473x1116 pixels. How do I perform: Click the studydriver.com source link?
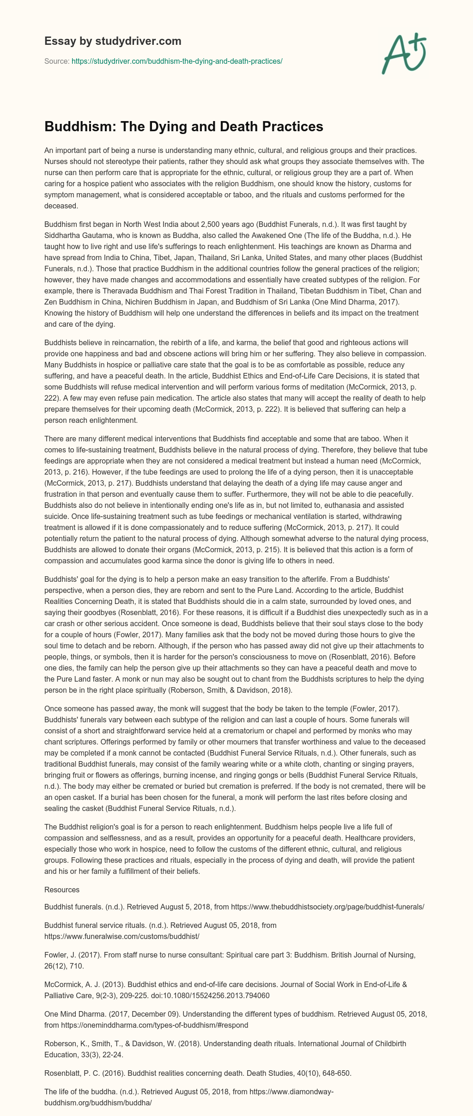(x=177, y=61)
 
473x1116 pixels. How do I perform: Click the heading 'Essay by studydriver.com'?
(x=113, y=41)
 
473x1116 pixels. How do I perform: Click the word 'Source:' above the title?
(x=57, y=61)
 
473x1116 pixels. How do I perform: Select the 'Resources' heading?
(x=62, y=890)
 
